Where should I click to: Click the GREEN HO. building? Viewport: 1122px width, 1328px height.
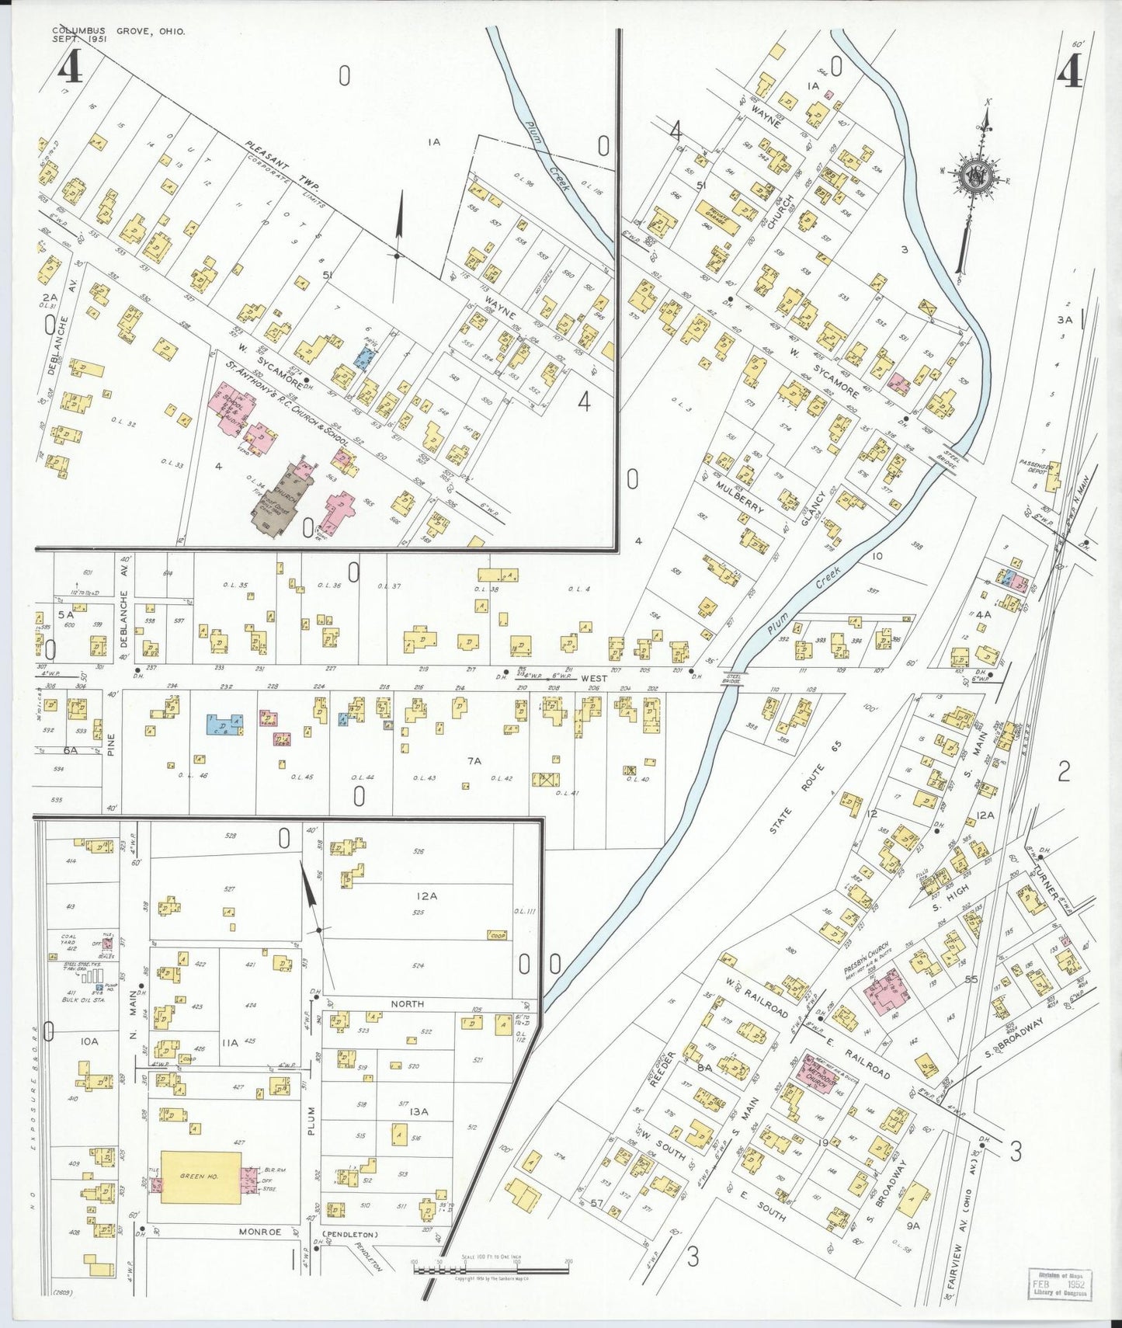tap(200, 1177)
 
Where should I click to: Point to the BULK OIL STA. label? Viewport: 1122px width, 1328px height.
tap(81, 1000)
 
